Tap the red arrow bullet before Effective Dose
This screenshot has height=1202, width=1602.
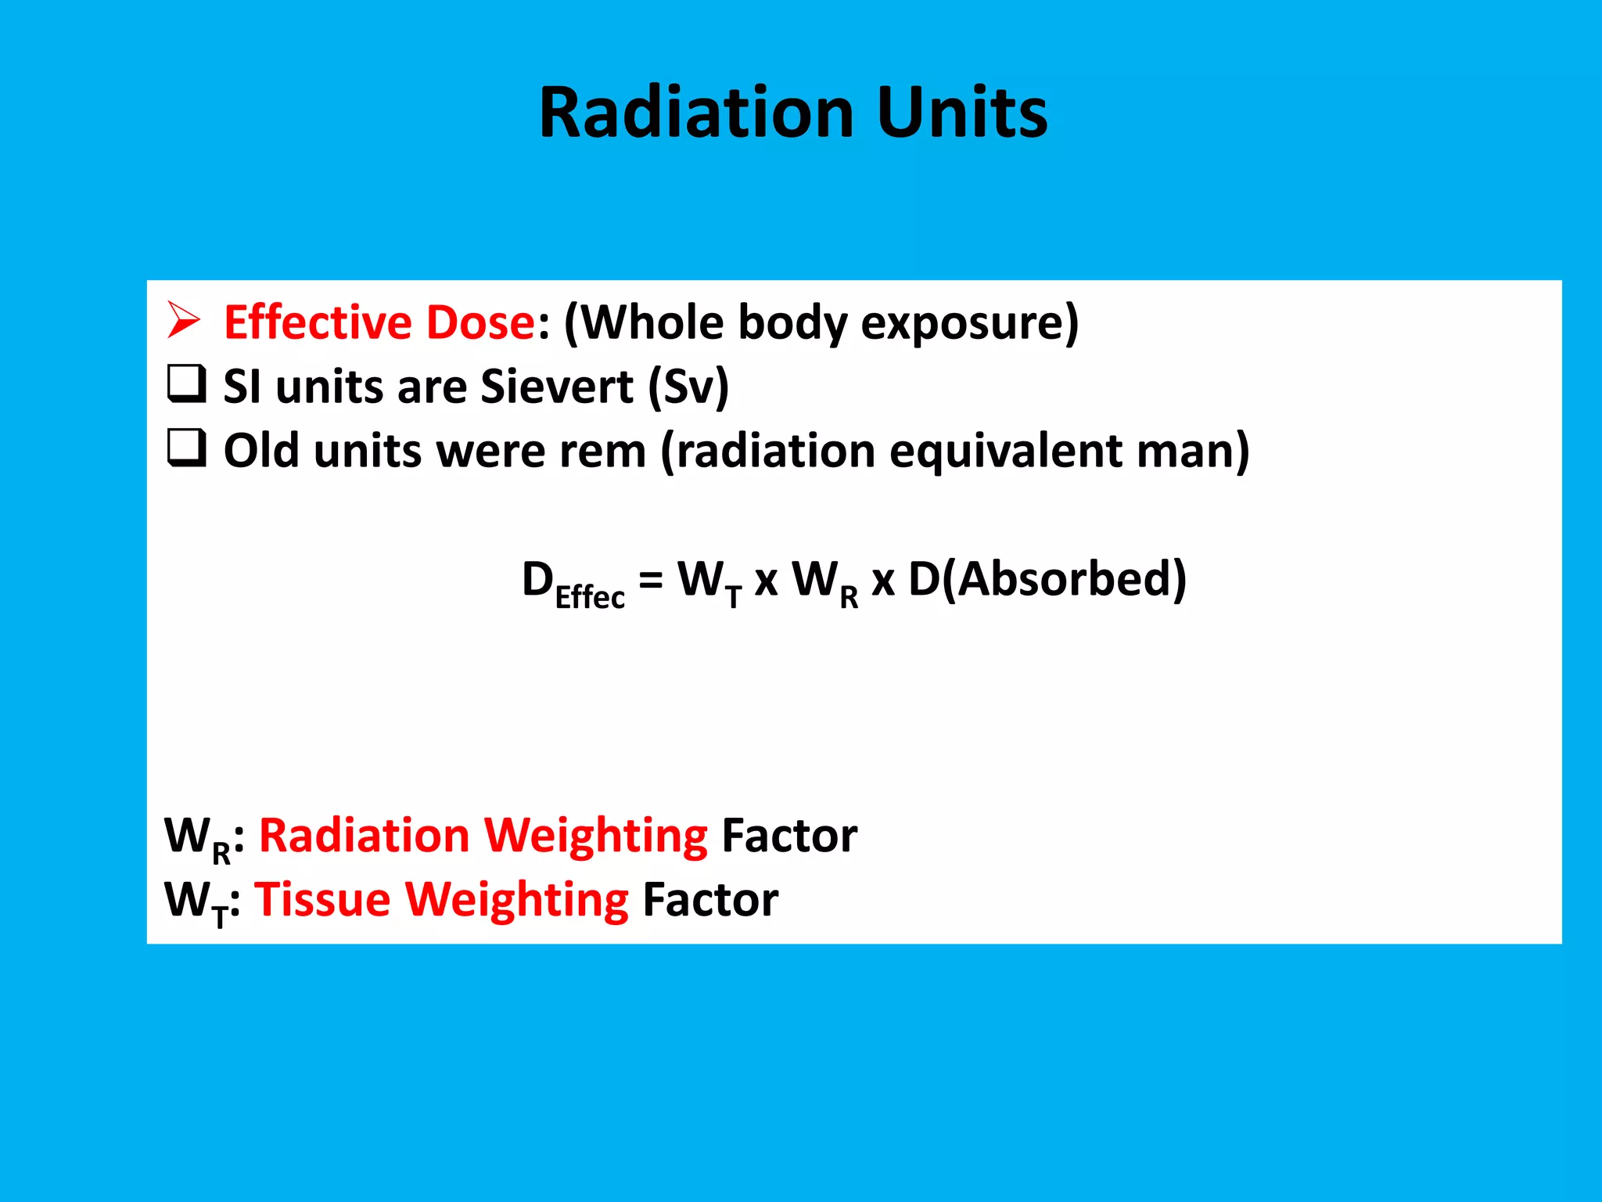point(184,321)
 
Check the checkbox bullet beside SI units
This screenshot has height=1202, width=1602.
point(187,384)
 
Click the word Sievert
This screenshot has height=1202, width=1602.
point(556,387)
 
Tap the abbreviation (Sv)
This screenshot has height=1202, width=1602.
point(688,387)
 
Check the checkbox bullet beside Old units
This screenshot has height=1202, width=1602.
point(187,448)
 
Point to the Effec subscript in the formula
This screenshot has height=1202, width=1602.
point(590,597)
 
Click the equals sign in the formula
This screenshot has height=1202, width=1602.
point(651,580)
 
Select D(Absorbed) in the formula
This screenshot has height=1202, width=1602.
point(1047,580)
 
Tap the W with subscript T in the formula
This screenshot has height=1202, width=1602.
point(709,583)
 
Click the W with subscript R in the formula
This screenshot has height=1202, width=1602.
point(824,583)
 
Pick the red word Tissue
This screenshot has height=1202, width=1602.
point(322,899)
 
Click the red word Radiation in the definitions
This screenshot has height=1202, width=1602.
point(364,835)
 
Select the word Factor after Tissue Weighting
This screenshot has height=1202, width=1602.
point(709,899)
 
